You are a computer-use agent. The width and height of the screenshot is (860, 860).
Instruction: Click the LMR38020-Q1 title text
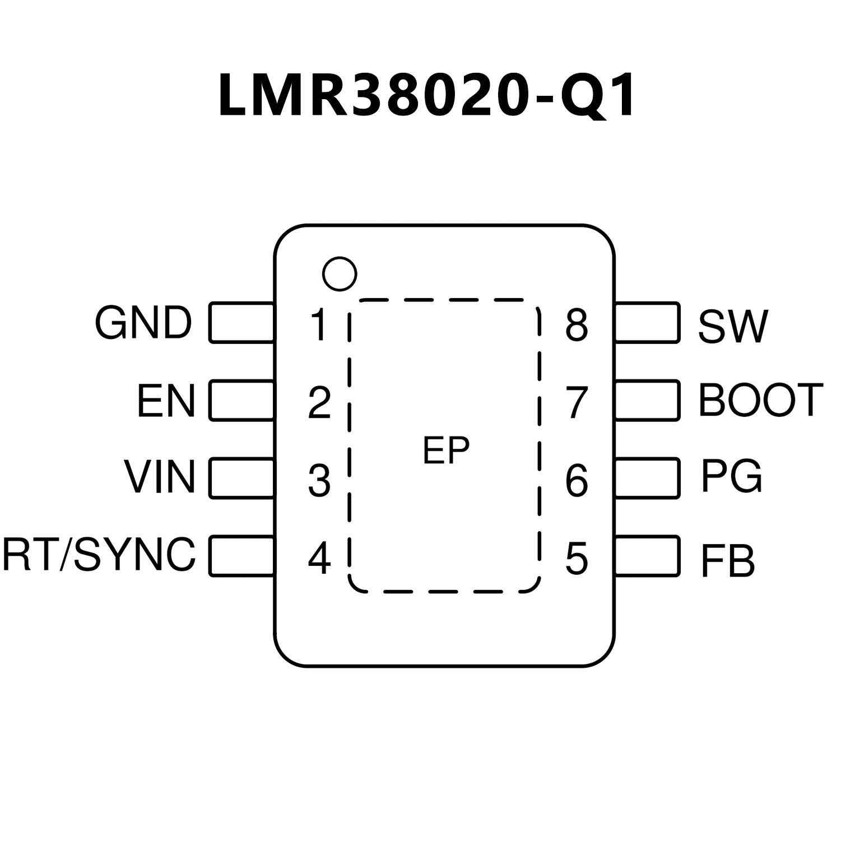coord(427,95)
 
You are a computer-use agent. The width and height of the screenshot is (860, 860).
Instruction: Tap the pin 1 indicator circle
coord(340,274)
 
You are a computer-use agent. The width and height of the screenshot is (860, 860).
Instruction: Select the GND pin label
coord(143,323)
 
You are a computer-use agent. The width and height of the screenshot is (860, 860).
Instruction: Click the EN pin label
coord(166,401)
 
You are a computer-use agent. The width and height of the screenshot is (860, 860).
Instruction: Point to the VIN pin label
coord(160,477)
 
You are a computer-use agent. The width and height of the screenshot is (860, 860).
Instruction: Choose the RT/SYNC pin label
coord(99,555)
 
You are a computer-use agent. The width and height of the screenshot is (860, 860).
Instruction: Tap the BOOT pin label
coord(760,400)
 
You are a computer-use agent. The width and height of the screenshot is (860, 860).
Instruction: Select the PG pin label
coord(731,477)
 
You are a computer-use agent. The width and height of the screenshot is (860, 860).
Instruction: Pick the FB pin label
coord(727,561)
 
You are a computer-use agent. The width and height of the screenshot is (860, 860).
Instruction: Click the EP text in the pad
coord(446,450)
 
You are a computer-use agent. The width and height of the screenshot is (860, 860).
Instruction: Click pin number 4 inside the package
coord(319,557)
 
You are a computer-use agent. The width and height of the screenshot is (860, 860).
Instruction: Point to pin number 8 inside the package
coord(577,325)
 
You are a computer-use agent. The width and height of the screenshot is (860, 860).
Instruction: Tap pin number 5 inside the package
coord(577,559)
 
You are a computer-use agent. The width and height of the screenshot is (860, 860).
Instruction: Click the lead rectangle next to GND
coord(242,322)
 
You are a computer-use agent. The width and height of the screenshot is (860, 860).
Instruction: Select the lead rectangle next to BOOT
coord(647,400)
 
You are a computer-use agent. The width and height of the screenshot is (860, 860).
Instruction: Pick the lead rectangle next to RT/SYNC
coord(242,556)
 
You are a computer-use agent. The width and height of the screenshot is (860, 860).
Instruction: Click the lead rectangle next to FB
coord(647,556)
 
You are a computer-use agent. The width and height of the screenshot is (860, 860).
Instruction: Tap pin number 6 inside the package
coord(577,481)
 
